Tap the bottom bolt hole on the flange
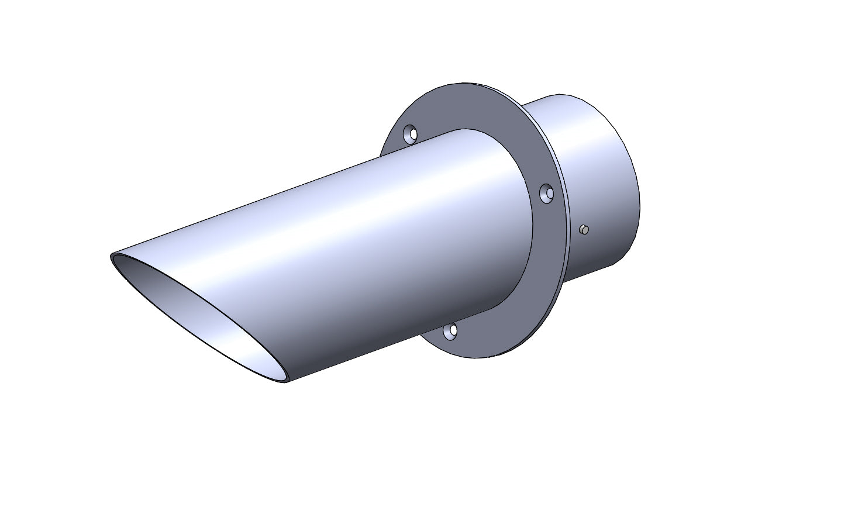click(x=450, y=332)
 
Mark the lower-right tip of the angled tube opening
click(x=285, y=381)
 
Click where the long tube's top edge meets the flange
click(x=465, y=130)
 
